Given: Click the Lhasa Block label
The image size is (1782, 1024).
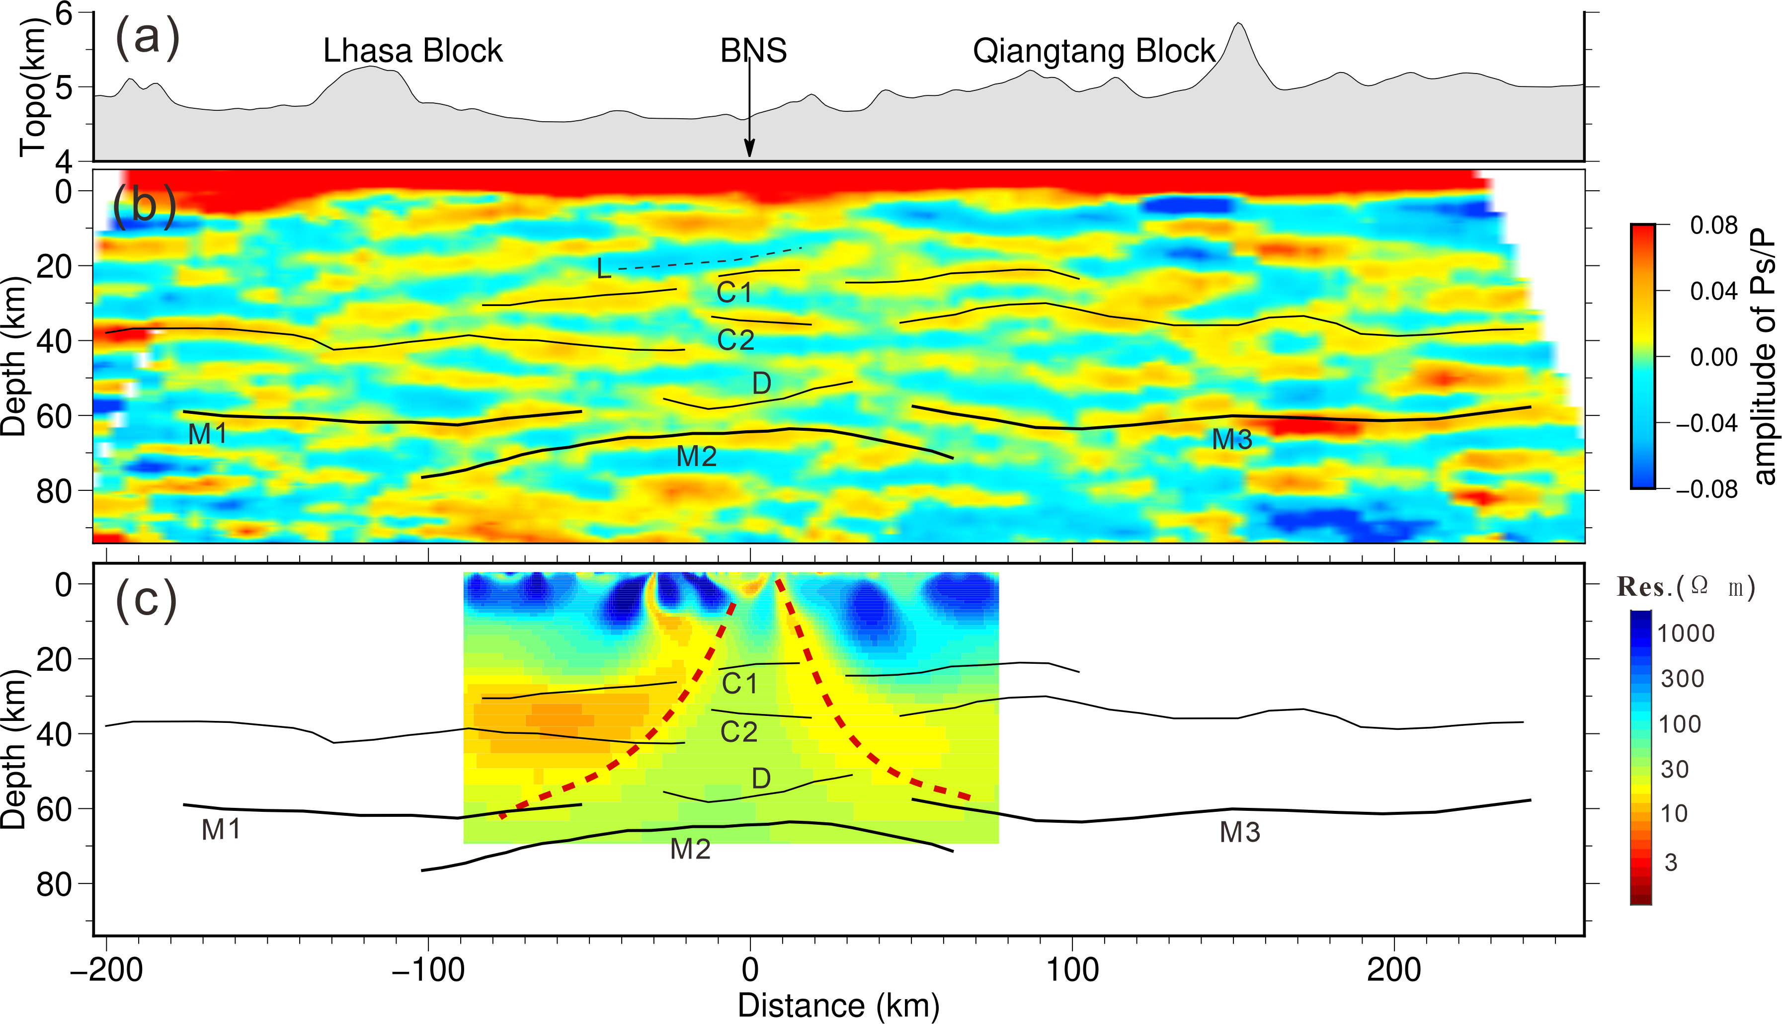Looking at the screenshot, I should click(413, 51).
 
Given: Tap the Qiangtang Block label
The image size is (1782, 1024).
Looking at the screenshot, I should click(1094, 51).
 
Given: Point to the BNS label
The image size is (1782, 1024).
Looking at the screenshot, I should click(753, 51).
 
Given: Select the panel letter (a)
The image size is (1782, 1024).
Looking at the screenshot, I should click(147, 37).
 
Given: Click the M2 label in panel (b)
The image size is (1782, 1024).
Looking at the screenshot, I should click(696, 457).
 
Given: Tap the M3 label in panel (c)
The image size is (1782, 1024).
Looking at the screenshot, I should click(1240, 833).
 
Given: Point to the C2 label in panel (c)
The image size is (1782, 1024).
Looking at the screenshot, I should click(738, 733).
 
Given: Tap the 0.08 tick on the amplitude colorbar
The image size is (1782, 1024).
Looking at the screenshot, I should click(1713, 226).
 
